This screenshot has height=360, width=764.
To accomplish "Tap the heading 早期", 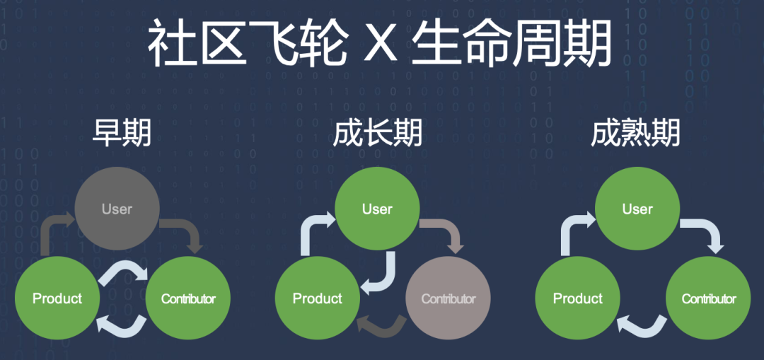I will coord(122,132).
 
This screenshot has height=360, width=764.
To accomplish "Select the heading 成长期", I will coord(377,132).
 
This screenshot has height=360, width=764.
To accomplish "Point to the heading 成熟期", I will coord(635,132).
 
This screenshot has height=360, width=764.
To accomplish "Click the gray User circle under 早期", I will coord(117,209).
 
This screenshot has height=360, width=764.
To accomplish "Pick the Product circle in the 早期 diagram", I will coord(57,298).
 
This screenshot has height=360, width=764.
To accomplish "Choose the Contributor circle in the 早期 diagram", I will coord(187,298).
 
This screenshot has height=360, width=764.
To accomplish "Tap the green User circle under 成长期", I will coord(377,209).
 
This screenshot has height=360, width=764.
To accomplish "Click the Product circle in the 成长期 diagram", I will coord(318,298).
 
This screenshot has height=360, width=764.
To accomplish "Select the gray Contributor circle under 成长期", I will coord(448,298).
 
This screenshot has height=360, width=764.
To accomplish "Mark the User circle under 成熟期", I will coord(637,209).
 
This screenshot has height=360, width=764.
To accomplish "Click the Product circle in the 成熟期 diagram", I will coord(578,298).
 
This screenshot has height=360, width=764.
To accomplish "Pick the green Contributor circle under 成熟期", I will coord(709,298).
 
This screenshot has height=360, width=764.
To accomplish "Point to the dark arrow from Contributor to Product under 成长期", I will coord(379,325).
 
